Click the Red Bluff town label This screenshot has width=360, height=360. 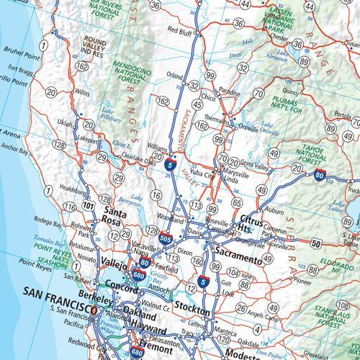tap(181, 30)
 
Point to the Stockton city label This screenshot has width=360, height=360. tap(192, 312)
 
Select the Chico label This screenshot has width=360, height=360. tap(209, 96)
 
